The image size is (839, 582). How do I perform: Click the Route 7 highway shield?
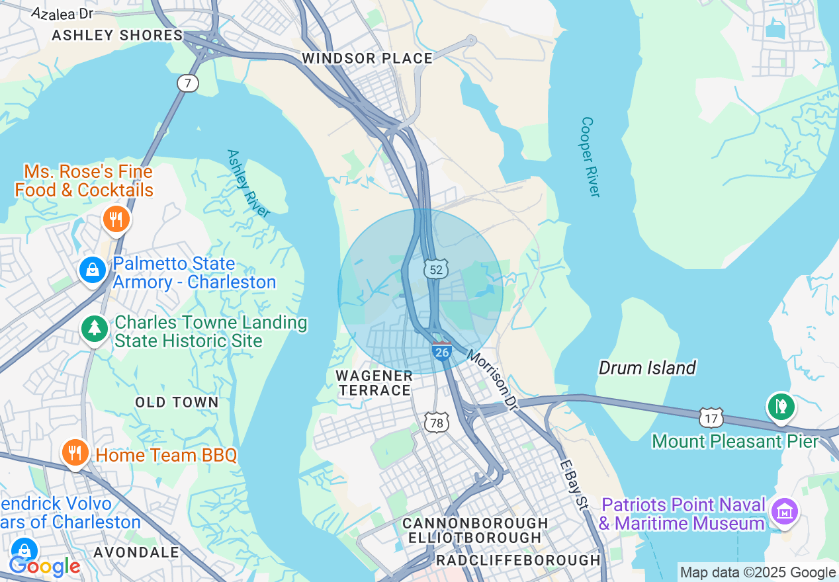[x=188, y=83]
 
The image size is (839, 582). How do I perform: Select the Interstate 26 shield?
[x=441, y=351]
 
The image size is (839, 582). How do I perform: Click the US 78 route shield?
[x=437, y=422]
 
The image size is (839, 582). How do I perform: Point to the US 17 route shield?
[x=711, y=417]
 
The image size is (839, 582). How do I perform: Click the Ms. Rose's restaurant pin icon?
[x=116, y=219]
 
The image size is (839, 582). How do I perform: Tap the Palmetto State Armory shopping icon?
[x=93, y=270]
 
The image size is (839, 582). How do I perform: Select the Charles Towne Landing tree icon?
[x=95, y=327]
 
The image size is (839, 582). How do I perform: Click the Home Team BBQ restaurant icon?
[x=75, y=452]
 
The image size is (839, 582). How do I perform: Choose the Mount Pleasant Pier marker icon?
[x=781, y=406]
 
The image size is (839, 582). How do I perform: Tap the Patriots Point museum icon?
[x=784, y=511]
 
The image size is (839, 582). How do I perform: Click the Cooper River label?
[x=590, y=157]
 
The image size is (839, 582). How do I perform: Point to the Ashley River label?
[x=248, y=183]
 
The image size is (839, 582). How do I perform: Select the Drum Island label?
[x=646, y=368]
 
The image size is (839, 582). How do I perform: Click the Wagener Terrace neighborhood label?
[x=375, y=383]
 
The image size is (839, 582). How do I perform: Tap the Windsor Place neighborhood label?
[x=367, y=58]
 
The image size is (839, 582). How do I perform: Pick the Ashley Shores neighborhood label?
[x=116, y=35]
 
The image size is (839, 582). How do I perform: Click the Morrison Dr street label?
[x=491, y=379]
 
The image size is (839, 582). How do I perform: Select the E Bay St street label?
[x=573, y=485]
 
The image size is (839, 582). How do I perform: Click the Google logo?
[x=44, y=566]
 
